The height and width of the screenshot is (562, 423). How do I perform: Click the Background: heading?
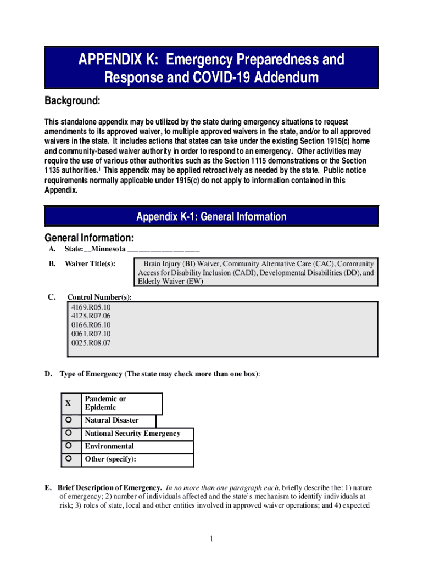pos(72,102)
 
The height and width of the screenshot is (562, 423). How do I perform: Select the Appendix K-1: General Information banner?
pos(211,217)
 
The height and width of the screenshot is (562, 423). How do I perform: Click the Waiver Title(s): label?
pos(90,264)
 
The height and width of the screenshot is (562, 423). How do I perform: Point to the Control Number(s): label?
pos(99,297)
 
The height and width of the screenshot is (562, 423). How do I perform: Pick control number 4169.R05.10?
pos(91,307)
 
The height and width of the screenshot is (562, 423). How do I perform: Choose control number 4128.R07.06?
pos(91,316)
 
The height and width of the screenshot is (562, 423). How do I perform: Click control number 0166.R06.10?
pos(91,325)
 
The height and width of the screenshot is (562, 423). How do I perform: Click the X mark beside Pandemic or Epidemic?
pos(68,403)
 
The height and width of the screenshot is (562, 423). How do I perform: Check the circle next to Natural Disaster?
pos(69,420)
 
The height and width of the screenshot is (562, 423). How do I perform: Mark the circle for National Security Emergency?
pos(69,433)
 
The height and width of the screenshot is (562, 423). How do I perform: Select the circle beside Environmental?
pos(69,446)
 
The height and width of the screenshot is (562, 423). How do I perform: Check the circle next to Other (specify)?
pos(69,458)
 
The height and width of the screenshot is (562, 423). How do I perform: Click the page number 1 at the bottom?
pos(211,538)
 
